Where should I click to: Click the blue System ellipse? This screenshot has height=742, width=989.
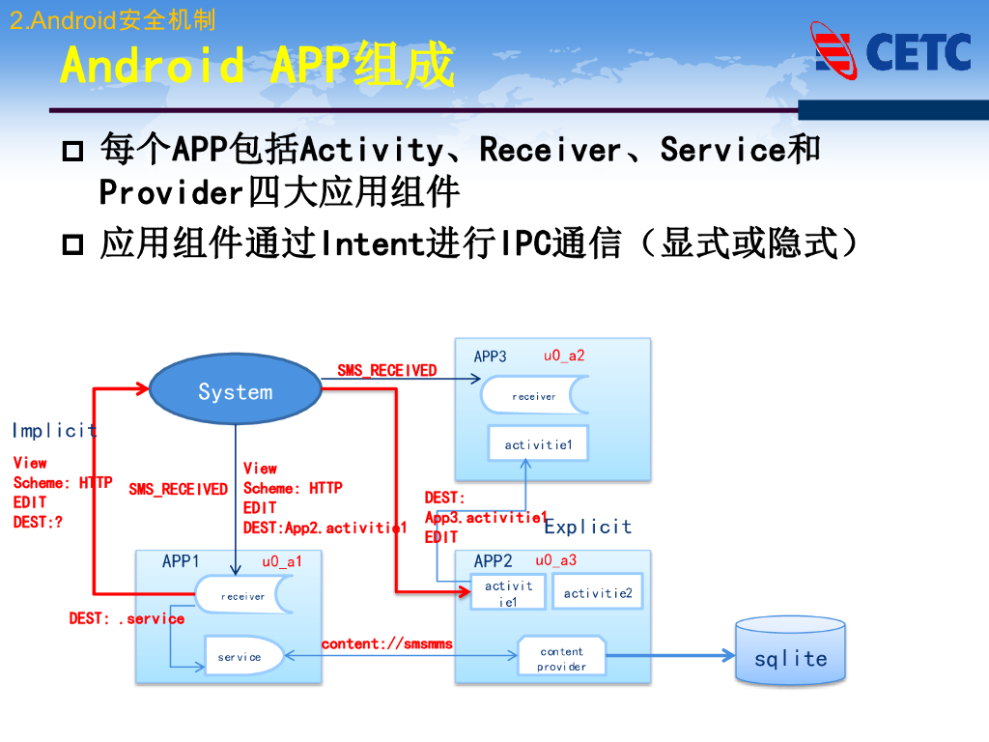pyautogui.click(x=235, y=391)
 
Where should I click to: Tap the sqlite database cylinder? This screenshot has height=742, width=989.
pyautogui.click(x=791, y=654)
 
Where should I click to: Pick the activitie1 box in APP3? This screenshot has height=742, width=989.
pyautogui.click(x=538, y=444)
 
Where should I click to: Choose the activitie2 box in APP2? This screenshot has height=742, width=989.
pyautogui.click(x=597, y=592)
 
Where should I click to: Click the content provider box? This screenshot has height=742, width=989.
pyautogui.click(x=561, y=658)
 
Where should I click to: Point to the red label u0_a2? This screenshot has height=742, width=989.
pyautogui.click(x=564, y=356)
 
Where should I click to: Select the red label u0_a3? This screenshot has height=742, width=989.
pyautogui.click(x=555, y=560)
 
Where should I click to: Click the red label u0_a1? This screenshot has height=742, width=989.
pyautogui.click(x=282, y=561)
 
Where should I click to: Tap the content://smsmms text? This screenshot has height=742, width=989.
pyautogui.click(x=386, y=643)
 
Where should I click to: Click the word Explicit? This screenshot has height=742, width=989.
pyautogui.click(x=587, y=527)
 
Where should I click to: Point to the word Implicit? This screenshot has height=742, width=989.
pyautogui.click(x=54, y=430)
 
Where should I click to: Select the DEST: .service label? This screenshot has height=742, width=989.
pyautogui.click(x=127, y=618)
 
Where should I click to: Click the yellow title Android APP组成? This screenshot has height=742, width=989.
pyautogui.click(x=256, y=66)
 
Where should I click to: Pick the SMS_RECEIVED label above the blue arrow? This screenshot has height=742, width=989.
pyautogui.click(x=386, y=370)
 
